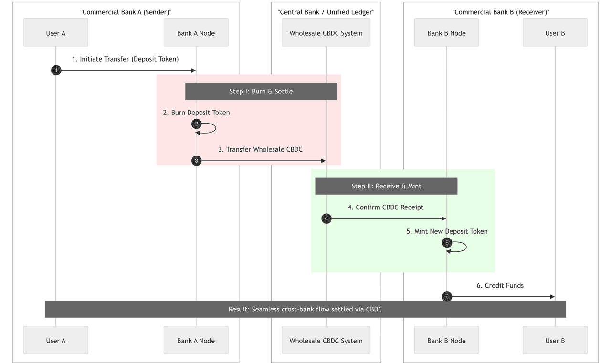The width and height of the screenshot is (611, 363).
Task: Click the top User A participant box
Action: coord(56,32)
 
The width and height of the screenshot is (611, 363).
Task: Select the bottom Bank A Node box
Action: coord(196,340)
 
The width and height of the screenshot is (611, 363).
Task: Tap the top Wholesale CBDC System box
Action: coord(326,32)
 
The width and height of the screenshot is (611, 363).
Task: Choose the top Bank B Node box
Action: coord(446,32)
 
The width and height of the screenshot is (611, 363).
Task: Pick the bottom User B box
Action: coord(555,340)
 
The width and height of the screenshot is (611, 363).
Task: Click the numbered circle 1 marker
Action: coord(56,70)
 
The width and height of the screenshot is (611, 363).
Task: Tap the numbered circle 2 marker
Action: coord(196,124)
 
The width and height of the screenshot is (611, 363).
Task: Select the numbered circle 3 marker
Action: coord(196,161)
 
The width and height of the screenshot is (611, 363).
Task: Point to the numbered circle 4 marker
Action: coord(327,218)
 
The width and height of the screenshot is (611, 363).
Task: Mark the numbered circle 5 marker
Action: coord(447,242)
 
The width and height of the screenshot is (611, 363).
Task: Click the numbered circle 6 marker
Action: coord(447,297)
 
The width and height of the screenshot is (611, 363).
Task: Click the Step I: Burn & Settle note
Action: coord(261,91)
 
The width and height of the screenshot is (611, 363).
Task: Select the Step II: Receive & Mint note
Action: coord(386,186)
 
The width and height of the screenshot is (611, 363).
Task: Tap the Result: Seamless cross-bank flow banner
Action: coord(305,309)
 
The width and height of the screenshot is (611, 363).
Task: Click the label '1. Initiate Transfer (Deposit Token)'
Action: coord(125,59)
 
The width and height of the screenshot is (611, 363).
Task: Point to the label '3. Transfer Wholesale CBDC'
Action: coord(260,149)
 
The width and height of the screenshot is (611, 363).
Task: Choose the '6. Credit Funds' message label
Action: coord(500,285)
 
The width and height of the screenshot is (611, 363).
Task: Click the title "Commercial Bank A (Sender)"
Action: coord(126,12)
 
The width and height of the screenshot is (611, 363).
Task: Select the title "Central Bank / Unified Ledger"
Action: coord(326,12)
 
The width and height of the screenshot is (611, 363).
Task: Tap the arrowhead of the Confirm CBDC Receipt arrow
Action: coord(444,218)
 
